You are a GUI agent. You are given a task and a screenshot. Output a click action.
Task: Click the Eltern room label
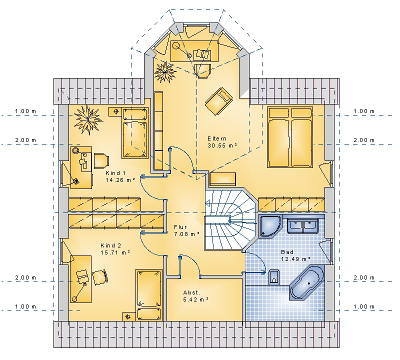pyautogui.click(x=217, y=138)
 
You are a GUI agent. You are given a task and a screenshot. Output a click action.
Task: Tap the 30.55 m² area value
pyautogui.click(x=222, y=145)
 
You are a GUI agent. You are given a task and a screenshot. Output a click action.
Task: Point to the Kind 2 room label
pyautogui.click(x=110, y=245)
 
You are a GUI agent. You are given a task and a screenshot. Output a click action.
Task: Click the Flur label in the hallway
pyautogui.click(x=180, y=227)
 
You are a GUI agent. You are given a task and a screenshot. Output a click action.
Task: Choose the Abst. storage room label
pyautogui.click(x=191, y=292)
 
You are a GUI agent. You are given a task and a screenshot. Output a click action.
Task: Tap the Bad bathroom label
pyautogui.click(x=287, y=252)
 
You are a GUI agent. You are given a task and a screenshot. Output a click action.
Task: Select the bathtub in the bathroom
pyautogui.click(x=306, y=282)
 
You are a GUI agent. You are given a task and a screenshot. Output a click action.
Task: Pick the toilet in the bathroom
pyautogui.click(x=274, y=277)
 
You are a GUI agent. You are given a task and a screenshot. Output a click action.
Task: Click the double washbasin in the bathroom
pyautogui.click(x=303, y=226)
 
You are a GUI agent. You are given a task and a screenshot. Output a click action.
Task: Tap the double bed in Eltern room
pyautogui.click(x=290, y=137)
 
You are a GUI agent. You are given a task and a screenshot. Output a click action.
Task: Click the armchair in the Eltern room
pyautogui.click(x=218, y=101)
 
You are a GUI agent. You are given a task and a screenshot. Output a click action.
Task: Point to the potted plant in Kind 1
pyautogui.click(x=88, y=119)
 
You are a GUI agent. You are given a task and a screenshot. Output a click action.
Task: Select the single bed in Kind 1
pyautogui.click(x=135, y=132)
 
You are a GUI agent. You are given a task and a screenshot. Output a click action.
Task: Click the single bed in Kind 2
pyautogui.click(x=149, y=294)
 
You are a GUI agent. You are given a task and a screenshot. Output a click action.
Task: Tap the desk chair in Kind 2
pyautogui.click(x=99, y=277)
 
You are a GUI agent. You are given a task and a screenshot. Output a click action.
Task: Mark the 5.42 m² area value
pyautogui.click(x=195, y=299)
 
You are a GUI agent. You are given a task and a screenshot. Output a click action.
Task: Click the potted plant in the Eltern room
pyautogui.click(x=165, y=72)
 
